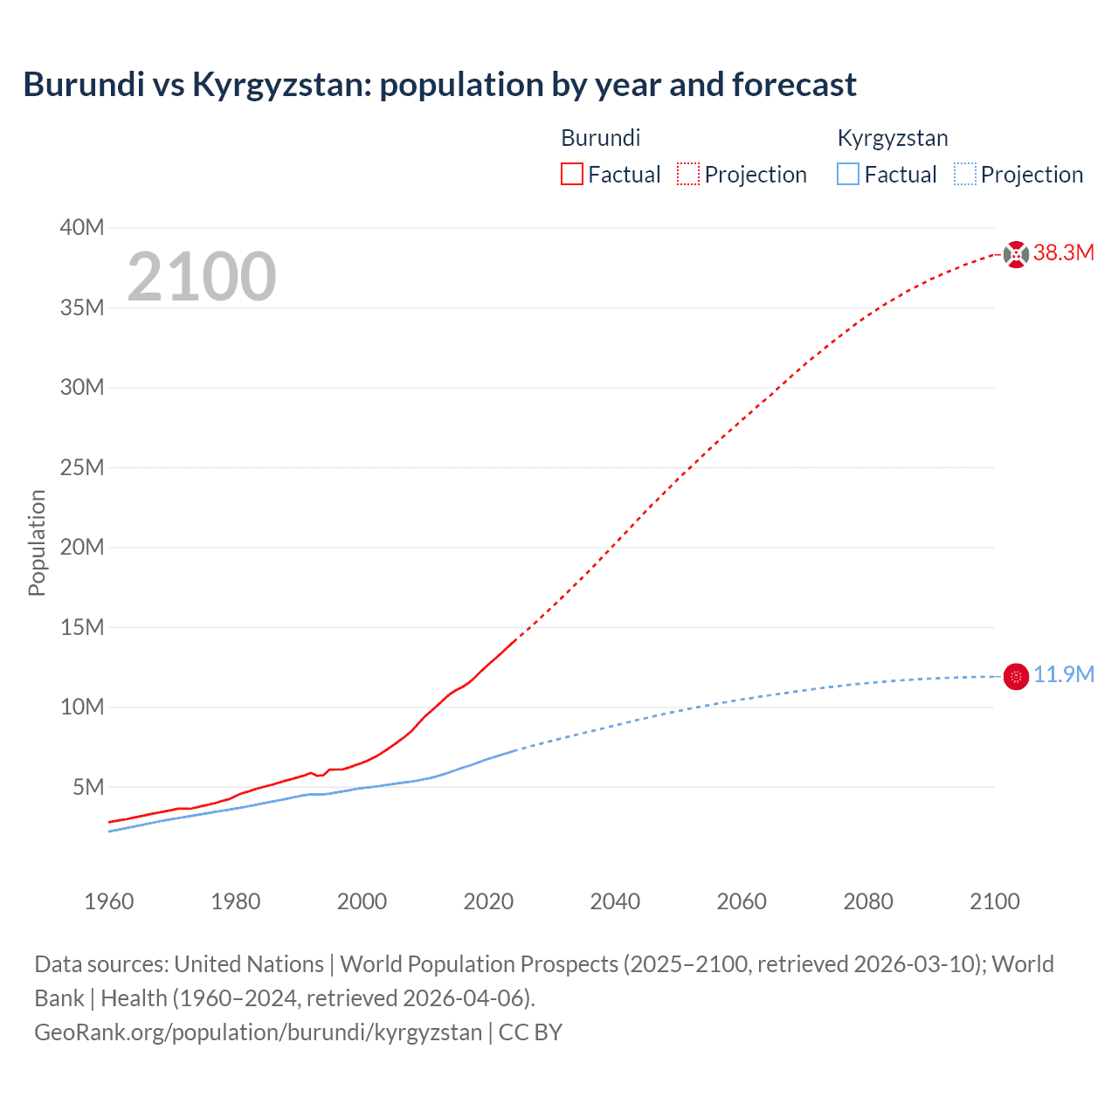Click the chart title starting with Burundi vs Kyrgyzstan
point(439,85)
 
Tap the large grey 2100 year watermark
point(202,277)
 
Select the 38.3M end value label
point(1063,253)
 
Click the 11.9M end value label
point(1063,675)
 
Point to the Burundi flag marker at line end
point(1016,254)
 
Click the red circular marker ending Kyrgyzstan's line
point(1016,676)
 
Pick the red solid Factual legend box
point(572,174)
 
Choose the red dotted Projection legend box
point(688,174)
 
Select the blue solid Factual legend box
point(848,174)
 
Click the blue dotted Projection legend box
point(964,174)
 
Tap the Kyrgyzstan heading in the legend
point(892,138)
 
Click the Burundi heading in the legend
point(600,138)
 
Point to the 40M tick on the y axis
point(82,228)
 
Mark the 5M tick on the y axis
point(88,788)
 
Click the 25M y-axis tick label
point(82,468)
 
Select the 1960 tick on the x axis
point(109,901)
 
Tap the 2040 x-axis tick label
point(615,901)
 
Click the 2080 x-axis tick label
point(868,901)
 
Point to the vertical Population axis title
point(37,542)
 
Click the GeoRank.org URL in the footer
point(258,1032)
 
